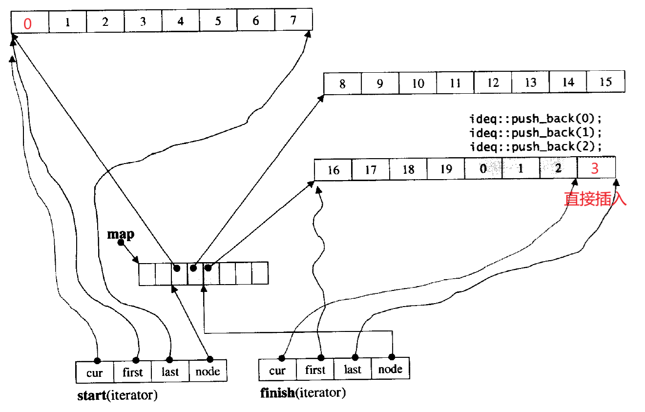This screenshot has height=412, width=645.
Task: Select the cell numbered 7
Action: (293, 21)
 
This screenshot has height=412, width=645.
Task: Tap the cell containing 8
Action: (342, 84)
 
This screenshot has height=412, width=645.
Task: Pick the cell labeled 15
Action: (605, 82)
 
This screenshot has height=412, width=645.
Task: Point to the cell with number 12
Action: (493, 83)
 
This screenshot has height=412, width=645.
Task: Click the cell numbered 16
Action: (333, 170)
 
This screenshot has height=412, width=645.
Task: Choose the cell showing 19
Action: (446, 169)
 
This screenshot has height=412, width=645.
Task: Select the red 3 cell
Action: (596, 168)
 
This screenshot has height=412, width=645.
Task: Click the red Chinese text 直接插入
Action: (595, 199)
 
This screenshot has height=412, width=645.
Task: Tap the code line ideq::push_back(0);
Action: (536, 119)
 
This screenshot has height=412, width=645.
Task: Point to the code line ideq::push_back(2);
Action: (536, 146)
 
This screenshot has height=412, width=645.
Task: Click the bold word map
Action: (121, 234)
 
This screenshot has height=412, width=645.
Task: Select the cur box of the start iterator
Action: (95, 372)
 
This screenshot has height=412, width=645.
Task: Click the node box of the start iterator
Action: (208, 372)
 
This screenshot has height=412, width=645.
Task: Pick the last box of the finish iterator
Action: (353, 370)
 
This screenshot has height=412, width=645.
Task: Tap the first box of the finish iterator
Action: (315, 370)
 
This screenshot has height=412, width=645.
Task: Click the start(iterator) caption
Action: (117, 395)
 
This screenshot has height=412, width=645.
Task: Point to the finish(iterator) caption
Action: (303, 392)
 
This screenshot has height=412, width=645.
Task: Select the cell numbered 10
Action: (418, 83)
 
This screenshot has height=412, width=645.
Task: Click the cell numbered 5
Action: (218, 21)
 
